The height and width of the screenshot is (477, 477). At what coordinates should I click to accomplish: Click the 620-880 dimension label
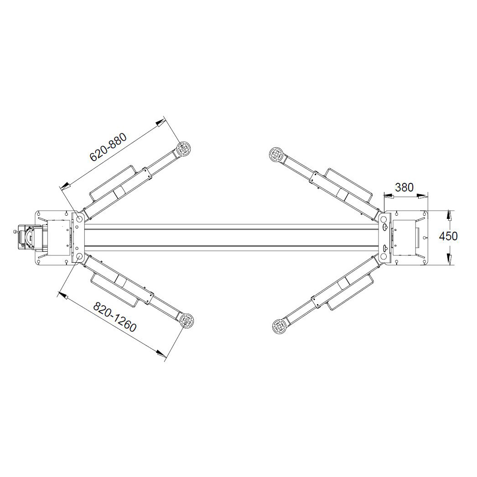(x=108, y=147)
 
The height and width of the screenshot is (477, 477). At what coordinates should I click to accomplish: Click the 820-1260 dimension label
(x=114, y=316)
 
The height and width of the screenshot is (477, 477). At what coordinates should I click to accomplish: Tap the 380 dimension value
(x=404, y=187)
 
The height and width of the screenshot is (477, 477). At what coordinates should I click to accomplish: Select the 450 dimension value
(x=448, y=236)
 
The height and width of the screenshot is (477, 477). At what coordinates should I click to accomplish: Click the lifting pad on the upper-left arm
(x=184, y=150)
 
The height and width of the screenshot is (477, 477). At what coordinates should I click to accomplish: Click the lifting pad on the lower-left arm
(x=186, y=320)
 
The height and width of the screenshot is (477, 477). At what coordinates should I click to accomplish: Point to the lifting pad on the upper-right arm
(x=276, y=155)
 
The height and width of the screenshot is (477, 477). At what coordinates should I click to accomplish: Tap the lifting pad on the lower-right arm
(x=279, y=326)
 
